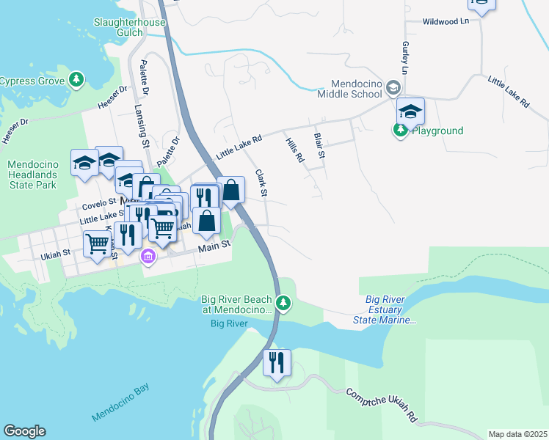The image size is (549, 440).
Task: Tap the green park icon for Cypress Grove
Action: click(x=76, y=79)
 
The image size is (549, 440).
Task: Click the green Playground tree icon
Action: click(x=399, y=131)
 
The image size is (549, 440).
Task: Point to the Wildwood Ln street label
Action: click(x=446, y=22)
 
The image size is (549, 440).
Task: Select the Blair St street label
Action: click(x=319, y=145)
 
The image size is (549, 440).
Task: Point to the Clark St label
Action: click(x=261, y=182)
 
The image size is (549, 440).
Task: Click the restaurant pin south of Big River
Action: click(x=277, y=363)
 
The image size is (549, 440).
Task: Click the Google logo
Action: click(x=24, y=431)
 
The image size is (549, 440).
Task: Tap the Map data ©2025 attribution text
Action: click(x=517, y=434)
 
